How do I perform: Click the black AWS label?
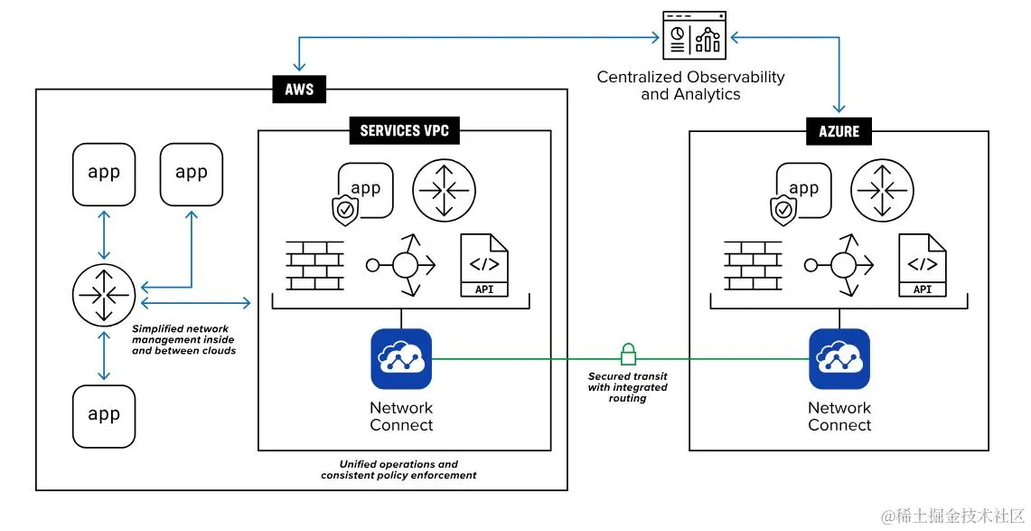point(299,90)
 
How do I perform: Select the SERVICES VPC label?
point(404,130)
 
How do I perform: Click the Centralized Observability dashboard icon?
point(694,34)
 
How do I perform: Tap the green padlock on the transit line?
point(627,353)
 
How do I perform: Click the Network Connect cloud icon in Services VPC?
point(401,359)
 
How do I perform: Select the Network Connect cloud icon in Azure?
point(839,359)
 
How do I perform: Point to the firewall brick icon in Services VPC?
point(314,266)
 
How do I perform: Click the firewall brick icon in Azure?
point(753,266)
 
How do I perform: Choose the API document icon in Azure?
point(923,265)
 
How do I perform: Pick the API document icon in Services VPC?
point(484,265)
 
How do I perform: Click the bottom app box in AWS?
point(104,415)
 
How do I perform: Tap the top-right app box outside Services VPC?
point(191,173)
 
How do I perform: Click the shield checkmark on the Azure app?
point(783,211)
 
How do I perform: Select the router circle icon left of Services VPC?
point(103,295)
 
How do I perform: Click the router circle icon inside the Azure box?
point(882,191)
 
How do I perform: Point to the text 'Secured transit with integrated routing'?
point(627,387)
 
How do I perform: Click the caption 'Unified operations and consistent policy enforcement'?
point(398,469)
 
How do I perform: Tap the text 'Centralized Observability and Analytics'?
point(690,86)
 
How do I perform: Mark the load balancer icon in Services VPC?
point(403,265)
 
